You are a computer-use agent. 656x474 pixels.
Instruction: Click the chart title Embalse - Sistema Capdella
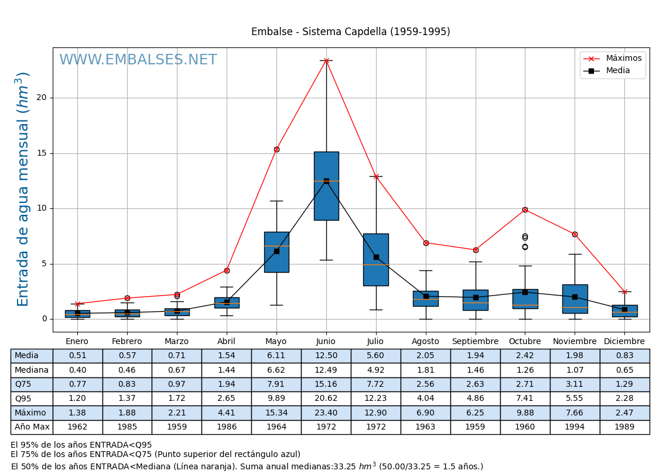tap(350, 32)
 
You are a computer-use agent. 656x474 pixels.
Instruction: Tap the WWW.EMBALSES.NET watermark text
tap(138, 60)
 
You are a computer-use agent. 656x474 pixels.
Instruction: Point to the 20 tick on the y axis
tap(41, 98)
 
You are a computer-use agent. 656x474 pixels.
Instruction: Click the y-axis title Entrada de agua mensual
tap(23, 189)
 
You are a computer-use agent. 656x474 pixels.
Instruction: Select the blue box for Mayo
tap(276, 252)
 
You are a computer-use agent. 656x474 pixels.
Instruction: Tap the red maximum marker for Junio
tap(326, 60)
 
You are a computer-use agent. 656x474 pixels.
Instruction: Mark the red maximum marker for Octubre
tap(525, 209)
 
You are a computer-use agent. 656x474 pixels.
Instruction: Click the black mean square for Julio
tap(376, 257)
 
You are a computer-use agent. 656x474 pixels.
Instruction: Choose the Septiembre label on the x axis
tap(475, 342)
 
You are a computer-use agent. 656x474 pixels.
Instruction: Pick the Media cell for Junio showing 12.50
tap(326, 356)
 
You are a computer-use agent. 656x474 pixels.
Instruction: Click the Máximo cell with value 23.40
tap(326, 413)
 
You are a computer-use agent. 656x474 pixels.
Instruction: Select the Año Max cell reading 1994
tap(575, 427)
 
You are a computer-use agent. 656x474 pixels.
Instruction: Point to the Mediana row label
tap(32, 370)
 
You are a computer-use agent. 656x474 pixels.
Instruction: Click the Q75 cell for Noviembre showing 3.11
tap(575, 384)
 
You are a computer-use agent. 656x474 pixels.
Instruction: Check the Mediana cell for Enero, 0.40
tap(77, 370)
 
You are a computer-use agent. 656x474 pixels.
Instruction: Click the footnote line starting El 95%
tap(81, 445)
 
